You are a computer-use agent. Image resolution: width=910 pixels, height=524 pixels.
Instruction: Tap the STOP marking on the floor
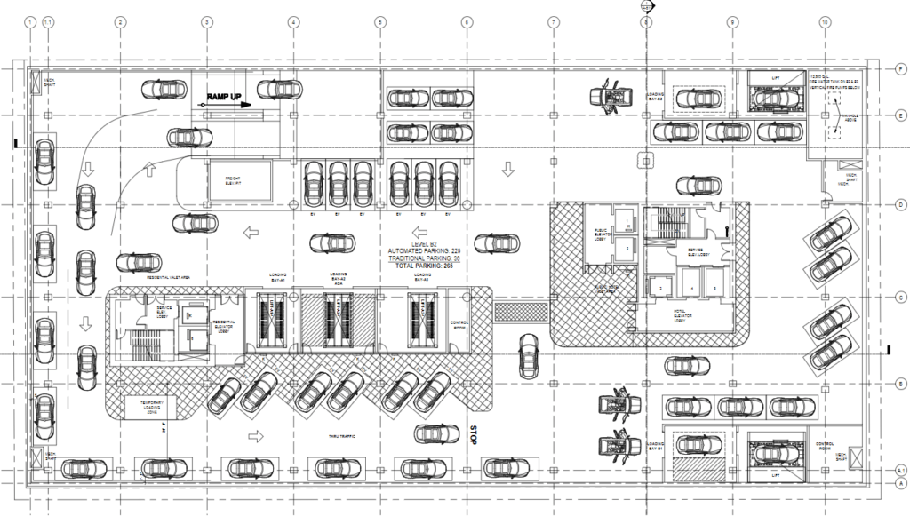tap(474, 435)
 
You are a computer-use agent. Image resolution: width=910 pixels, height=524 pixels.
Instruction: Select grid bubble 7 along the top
tap(553, 21)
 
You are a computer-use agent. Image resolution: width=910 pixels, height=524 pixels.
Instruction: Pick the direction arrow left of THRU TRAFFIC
tap(257, 436)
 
